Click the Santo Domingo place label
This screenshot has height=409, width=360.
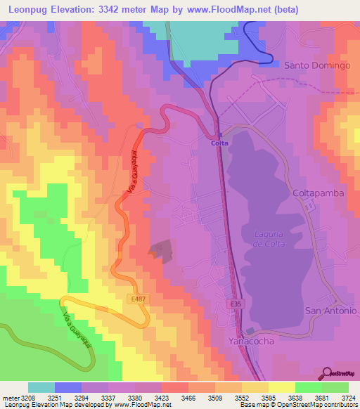pos(317,65)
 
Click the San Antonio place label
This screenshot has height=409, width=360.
pos(330,310)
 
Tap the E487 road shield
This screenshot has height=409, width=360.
pos(138,299)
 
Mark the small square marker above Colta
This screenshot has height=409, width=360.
pos(219,134)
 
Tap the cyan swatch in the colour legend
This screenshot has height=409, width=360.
pos(41,387)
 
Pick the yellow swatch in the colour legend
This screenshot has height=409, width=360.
pos(282,387)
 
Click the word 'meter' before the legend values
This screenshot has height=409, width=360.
pos(10,397)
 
